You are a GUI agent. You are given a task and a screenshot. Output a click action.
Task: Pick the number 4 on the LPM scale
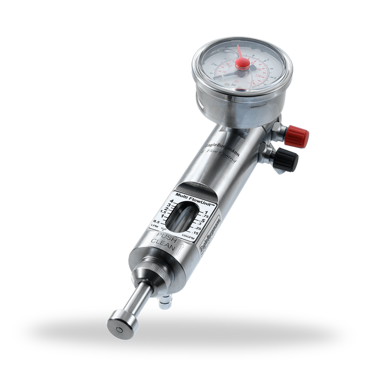click(171, 201)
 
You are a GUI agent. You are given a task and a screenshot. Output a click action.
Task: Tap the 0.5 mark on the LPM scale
click(157, 222)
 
